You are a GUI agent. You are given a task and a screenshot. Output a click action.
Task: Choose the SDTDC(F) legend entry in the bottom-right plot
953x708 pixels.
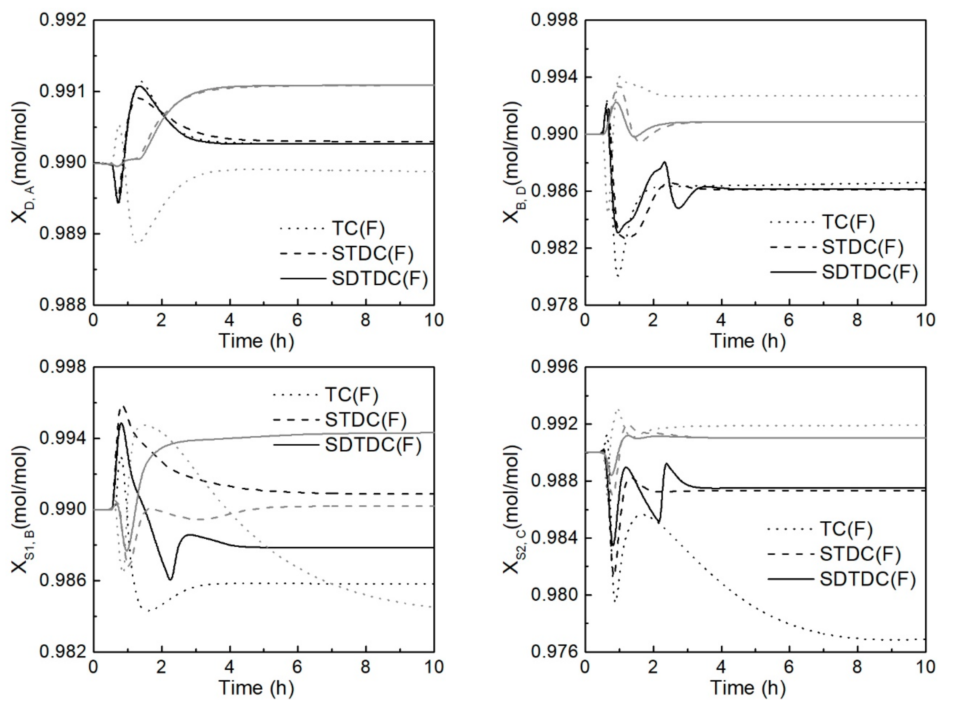[867, 580]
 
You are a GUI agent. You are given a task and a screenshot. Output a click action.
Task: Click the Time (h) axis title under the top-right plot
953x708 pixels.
[748, 341]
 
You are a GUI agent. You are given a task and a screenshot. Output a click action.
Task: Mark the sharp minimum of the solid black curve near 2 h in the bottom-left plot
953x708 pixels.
[170, 580]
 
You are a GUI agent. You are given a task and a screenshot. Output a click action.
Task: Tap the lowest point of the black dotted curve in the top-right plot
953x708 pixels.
[618, 277]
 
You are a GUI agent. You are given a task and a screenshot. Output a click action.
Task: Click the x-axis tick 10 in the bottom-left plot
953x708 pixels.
[434, 667]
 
